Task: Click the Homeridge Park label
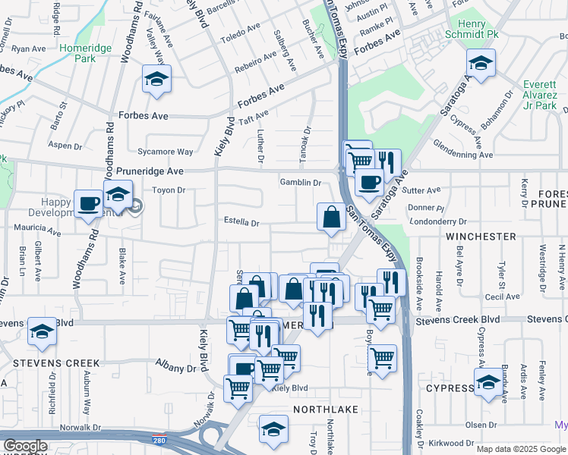tap(86, 53)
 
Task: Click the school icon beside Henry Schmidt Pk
tap(480, 64)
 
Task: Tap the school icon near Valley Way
tap(156, 79)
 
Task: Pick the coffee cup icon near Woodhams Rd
tap(88, 204)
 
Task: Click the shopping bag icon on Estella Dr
tap(331, 218)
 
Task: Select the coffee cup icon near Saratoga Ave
tap(369, 183)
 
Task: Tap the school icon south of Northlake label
tap(273, 429)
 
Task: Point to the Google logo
tap(25, 446)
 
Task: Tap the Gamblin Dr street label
tap(301, 183)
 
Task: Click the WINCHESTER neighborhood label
tap(480, 237)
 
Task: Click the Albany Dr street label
tap(175, 369)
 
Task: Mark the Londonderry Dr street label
tap(437, 222)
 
